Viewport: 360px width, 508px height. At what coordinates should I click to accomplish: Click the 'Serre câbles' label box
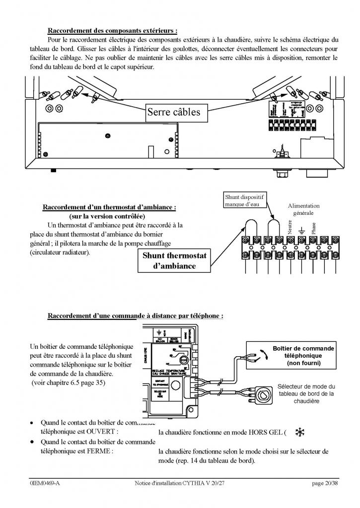(174, 113)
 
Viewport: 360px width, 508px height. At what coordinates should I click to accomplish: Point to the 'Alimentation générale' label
(303, 209)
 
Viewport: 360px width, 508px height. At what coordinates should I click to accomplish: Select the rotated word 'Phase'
(314, 228)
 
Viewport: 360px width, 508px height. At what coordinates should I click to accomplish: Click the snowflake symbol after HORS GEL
(299, 433)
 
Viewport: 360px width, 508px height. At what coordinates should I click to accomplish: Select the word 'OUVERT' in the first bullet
(100, 432)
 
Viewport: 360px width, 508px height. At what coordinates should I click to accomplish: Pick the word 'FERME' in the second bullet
(99, 451)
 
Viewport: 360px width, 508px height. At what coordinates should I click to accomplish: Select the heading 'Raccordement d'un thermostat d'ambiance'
(110, 207)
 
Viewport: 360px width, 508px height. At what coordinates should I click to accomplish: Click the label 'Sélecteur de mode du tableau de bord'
(306, 393)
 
